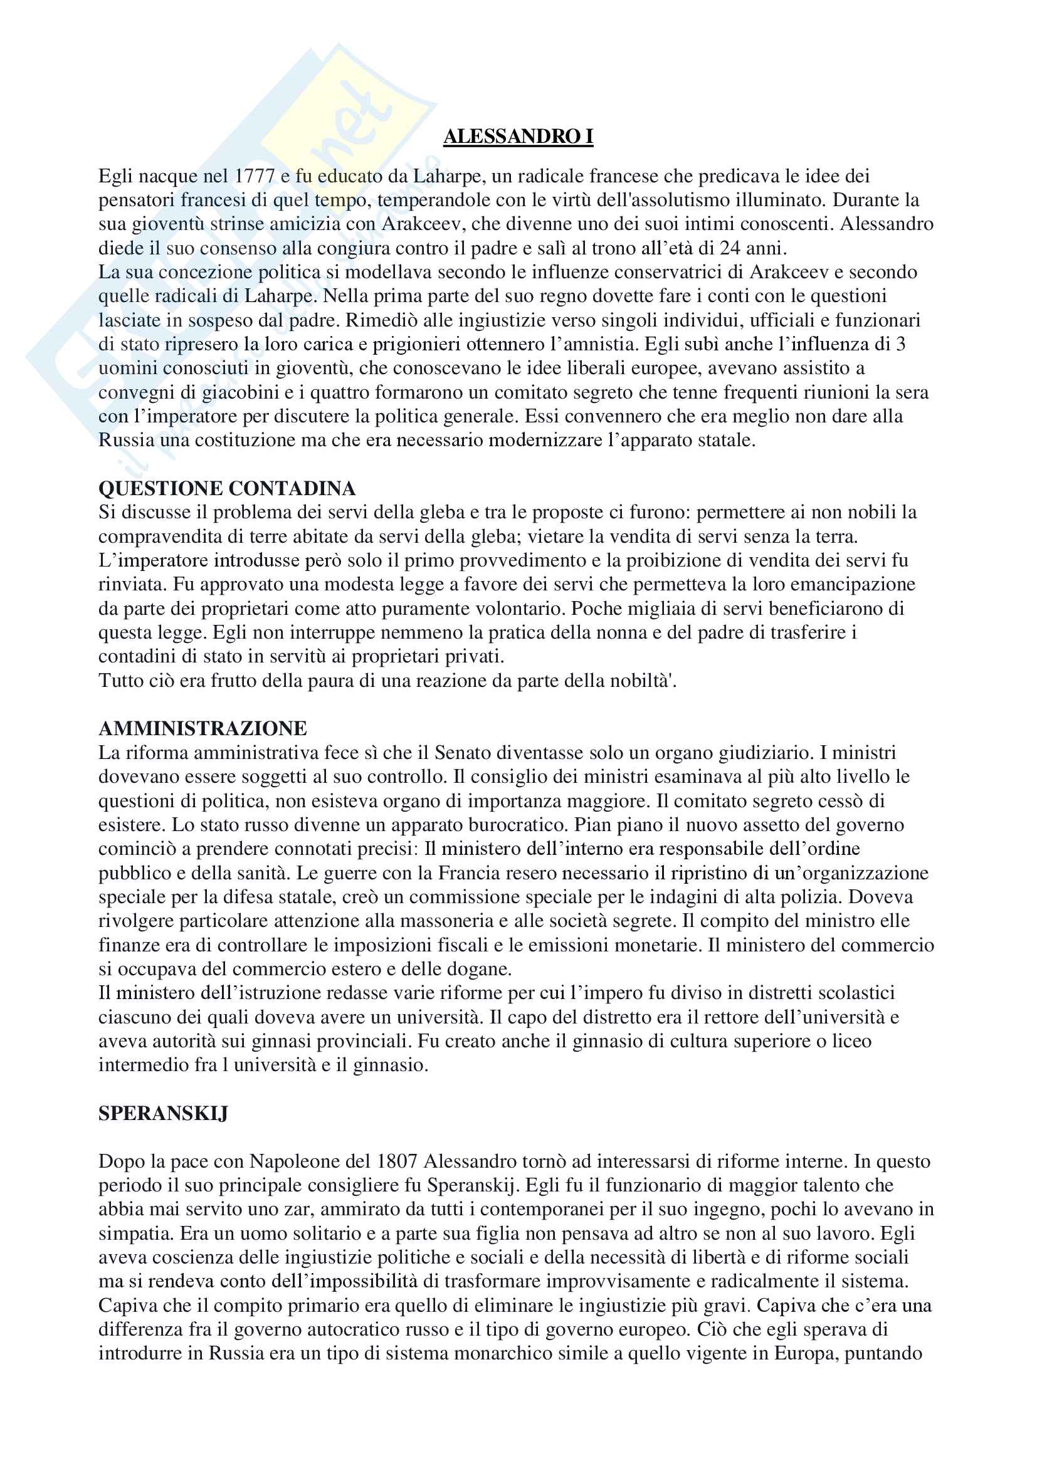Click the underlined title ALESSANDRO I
(x=518, y=136)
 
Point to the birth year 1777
(x=255, y=176)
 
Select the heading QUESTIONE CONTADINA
(x=227, y=488)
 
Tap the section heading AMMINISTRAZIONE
(x=203, y=728)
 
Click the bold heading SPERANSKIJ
(x=163, y=1114)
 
